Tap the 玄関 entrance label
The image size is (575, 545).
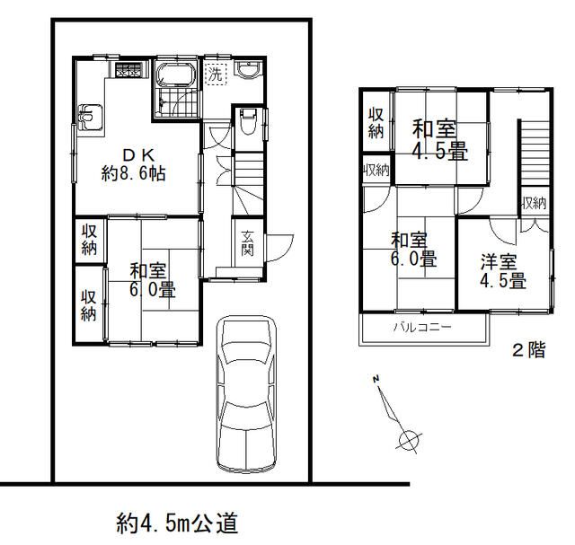[247, 242]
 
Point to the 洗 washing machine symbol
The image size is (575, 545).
[216, 75]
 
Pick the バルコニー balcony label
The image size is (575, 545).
[420, 328]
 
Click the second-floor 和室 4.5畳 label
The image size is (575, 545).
[440, 139]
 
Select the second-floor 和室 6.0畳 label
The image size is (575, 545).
[413, 250]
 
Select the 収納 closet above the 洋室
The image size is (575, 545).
[533, 203]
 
